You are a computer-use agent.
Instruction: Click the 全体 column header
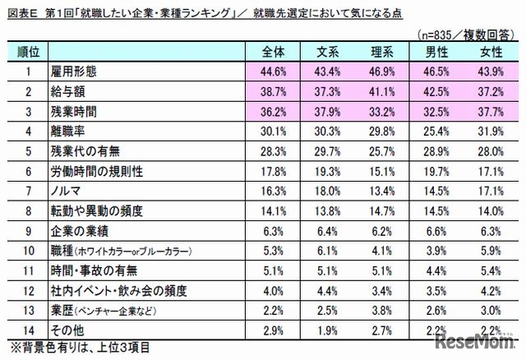coord(273,52)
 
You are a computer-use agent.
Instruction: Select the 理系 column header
coord(382,52)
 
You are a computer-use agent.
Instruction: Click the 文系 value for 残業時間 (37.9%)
coord(328,110)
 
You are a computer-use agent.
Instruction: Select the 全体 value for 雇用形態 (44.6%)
coord(273,71)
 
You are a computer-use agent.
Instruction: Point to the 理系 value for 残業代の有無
coord(382,149)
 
